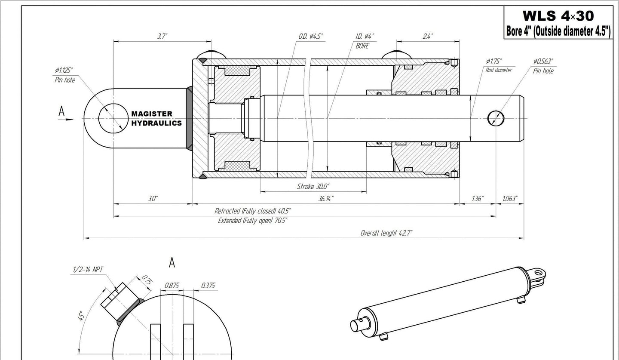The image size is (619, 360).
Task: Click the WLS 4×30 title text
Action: click(558, 16)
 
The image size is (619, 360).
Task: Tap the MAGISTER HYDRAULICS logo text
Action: click(156, 118)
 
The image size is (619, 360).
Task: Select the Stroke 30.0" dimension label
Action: click(313, 186)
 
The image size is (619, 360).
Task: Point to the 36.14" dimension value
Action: click(325, 199)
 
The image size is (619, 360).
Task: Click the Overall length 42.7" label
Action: click(386, 233)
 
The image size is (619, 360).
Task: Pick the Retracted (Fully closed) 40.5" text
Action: click(253, 211)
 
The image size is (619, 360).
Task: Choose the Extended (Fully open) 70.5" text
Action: click(253, 221)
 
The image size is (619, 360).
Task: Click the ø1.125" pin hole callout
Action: click(64, 75)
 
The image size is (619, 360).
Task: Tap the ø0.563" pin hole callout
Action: click(543, 66)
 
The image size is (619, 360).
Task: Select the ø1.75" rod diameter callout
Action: click(499, 65)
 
